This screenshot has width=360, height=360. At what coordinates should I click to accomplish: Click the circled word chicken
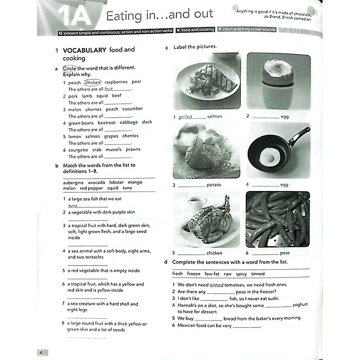[93, 82]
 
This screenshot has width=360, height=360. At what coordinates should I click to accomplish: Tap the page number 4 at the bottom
[41, 353]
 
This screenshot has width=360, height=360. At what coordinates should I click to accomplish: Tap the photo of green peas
[278, 219]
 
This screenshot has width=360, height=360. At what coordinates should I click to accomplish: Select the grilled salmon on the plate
[211, 80]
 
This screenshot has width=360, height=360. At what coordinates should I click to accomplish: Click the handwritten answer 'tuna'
[72, 205]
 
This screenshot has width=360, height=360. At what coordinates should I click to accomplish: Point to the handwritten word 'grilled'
[185, 117]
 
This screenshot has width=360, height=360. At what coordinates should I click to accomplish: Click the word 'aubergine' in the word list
[73, 182]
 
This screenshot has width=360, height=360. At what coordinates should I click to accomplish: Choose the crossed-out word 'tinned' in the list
[258, 274]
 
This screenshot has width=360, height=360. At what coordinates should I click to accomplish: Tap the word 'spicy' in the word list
[241, 274]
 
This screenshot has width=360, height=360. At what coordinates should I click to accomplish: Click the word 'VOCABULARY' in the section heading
[84, 49]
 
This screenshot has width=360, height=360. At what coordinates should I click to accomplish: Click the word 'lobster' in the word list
[117, 182]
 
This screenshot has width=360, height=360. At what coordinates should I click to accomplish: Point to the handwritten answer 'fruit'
[108, 89]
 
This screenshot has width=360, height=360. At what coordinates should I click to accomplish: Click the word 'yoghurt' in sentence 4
[300, 305]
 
